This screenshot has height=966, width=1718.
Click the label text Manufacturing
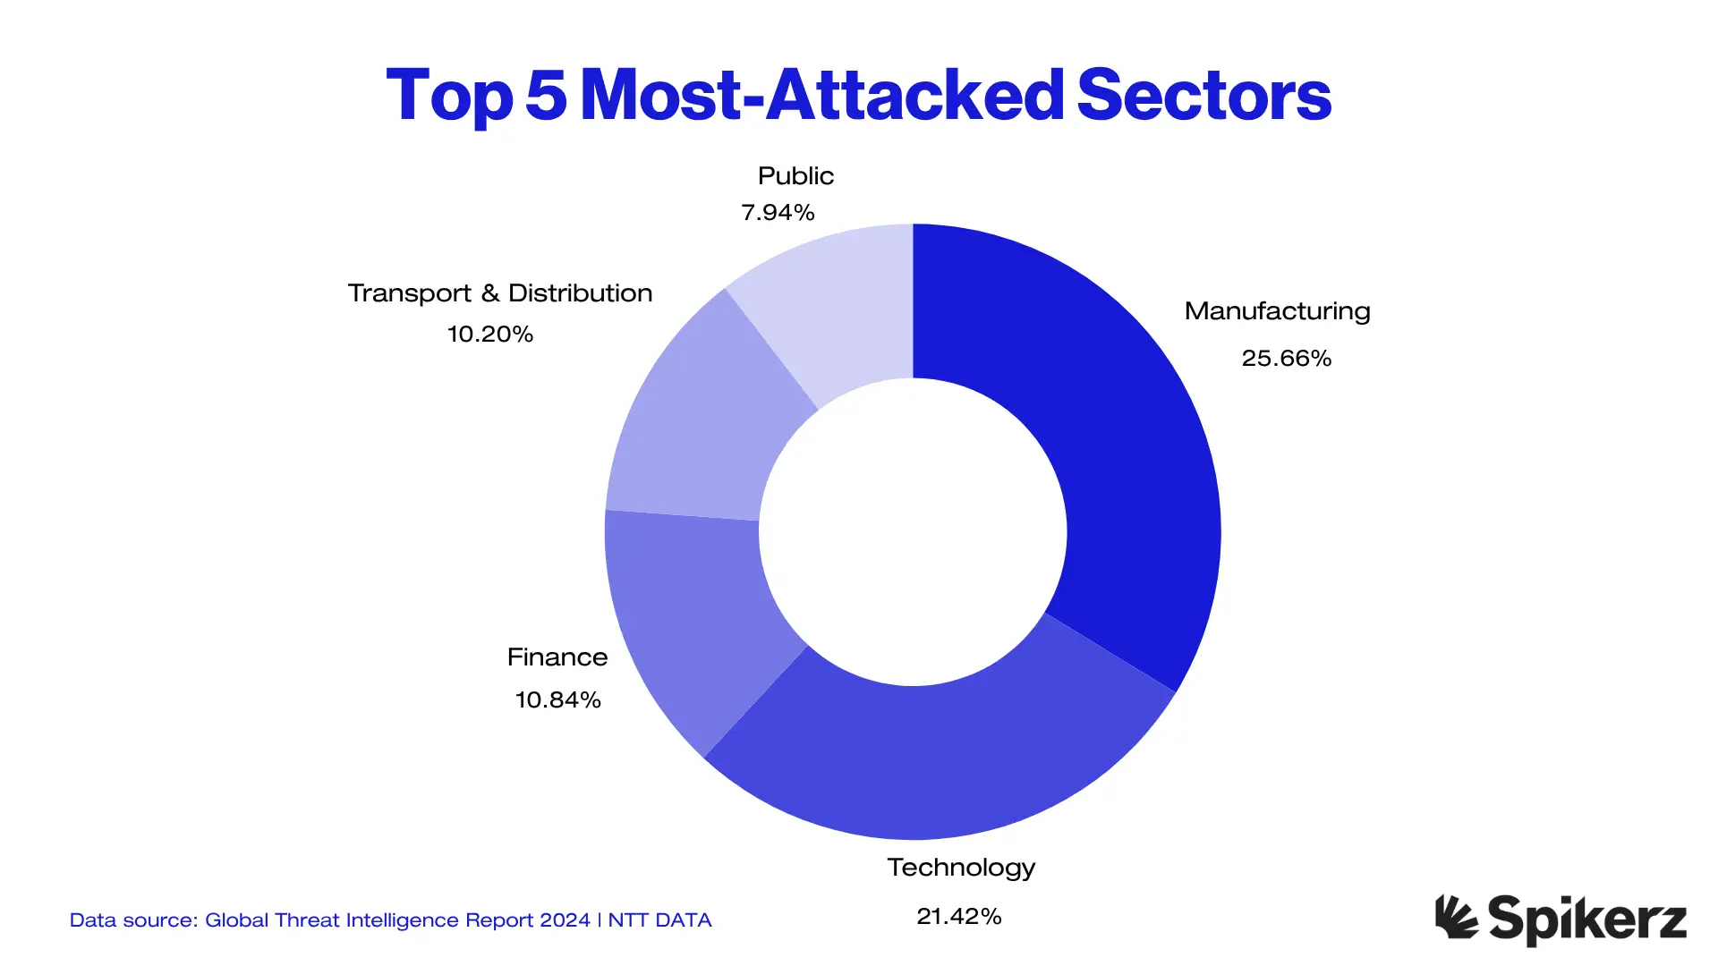(1277, 311)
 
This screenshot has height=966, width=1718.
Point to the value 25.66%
(1286, 359)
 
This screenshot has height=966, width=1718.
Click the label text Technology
(961, 868)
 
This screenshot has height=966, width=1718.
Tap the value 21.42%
(958, 916)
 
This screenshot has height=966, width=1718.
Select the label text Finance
(557, 657)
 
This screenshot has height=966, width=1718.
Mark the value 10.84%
(557, 699)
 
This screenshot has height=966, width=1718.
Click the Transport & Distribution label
(499, 293)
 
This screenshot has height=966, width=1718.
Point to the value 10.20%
(489, 335)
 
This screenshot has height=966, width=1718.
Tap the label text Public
(795, 176)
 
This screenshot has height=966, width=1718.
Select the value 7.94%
(778, 213)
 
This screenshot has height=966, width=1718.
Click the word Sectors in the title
(1204, 95)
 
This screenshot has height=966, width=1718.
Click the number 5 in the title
(546, 95)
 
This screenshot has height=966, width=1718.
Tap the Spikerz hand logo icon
(1456, 918)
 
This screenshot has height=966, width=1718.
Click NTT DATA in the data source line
(659, 920)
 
